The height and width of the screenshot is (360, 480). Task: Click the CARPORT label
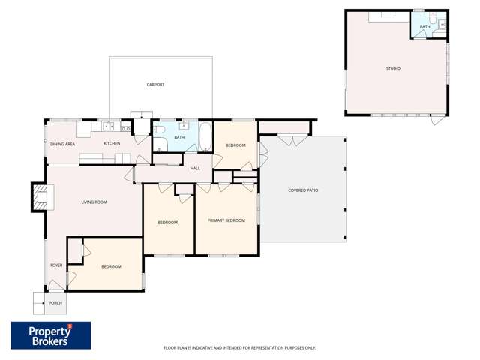tap(155, 85)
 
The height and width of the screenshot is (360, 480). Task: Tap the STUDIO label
tap(393, 68)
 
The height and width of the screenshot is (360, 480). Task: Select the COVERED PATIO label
tap(303, 190)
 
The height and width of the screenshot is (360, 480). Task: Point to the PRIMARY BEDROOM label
tap(226, 220)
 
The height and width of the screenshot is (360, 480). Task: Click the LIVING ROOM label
tap(94, 202)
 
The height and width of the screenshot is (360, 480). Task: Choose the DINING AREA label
tap(62, 144)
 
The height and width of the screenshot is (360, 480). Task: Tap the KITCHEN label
tap(112, 144)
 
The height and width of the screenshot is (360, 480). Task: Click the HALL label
tap(195, 168)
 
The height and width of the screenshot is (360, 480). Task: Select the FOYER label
tap(56, 265)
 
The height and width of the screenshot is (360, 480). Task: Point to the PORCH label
tap(55, 303)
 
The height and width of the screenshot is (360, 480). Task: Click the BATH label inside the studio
tap(424, 27)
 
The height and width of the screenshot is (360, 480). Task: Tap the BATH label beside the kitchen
tap(179, 137)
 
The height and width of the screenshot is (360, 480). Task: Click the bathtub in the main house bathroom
tap(204, 135)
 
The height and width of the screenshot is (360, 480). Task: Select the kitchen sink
tap(109, 126)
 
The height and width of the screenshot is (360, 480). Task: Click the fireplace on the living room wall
tap(39, 196)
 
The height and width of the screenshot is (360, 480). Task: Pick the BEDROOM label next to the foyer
tap(111, 265)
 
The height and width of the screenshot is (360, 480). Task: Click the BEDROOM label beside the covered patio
tap(235, 145)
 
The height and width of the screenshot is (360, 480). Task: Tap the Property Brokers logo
tap(50, 335)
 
